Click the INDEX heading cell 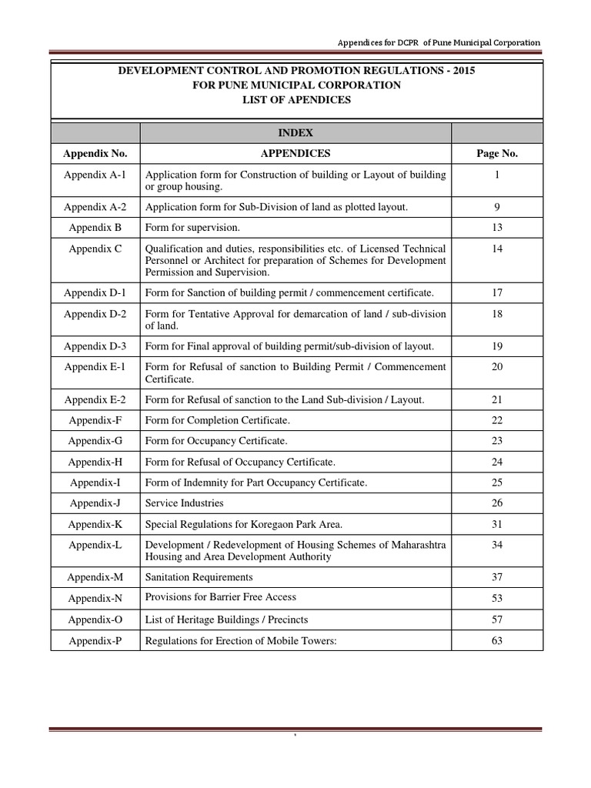296,133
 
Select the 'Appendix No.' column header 95,153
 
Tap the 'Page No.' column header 496,153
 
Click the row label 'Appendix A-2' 95,206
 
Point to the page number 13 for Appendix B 496,227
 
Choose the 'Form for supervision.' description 193,227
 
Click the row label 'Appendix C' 95,249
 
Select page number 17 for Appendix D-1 496,292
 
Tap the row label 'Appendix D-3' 95,346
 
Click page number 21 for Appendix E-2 496,399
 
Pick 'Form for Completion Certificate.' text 218,419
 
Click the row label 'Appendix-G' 95,440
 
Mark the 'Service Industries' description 185,503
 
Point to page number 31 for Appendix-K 496,523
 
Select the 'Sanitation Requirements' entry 199,576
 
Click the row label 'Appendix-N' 95,598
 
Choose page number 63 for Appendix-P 496,639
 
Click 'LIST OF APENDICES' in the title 296,99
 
